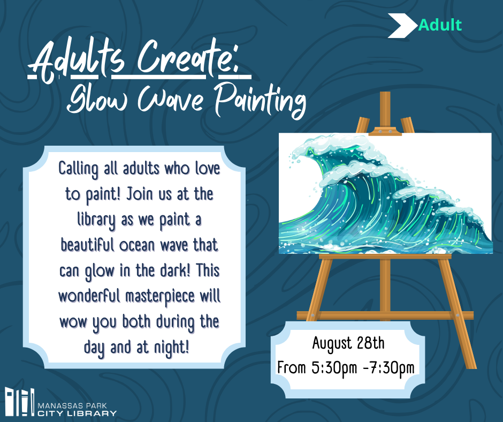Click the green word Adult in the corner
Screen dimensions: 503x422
point(440,25)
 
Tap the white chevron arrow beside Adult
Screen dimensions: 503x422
point(402,26)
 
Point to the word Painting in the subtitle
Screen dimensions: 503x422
point(260,100)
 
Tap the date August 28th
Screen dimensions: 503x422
point(348,343)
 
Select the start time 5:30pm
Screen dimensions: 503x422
point(334,368)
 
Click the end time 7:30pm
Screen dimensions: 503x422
point(392,368)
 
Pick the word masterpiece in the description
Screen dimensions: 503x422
point(160,297)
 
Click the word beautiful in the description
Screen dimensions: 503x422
point(87,245)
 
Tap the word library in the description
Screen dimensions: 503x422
point(96,220)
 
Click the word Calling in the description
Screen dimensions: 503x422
point(78,169)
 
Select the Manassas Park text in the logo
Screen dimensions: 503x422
point(72,405)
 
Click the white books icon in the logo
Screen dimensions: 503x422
point(20,402)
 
